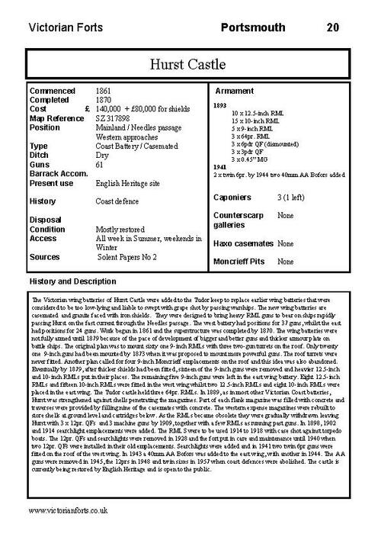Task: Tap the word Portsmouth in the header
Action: coord(251,27)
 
